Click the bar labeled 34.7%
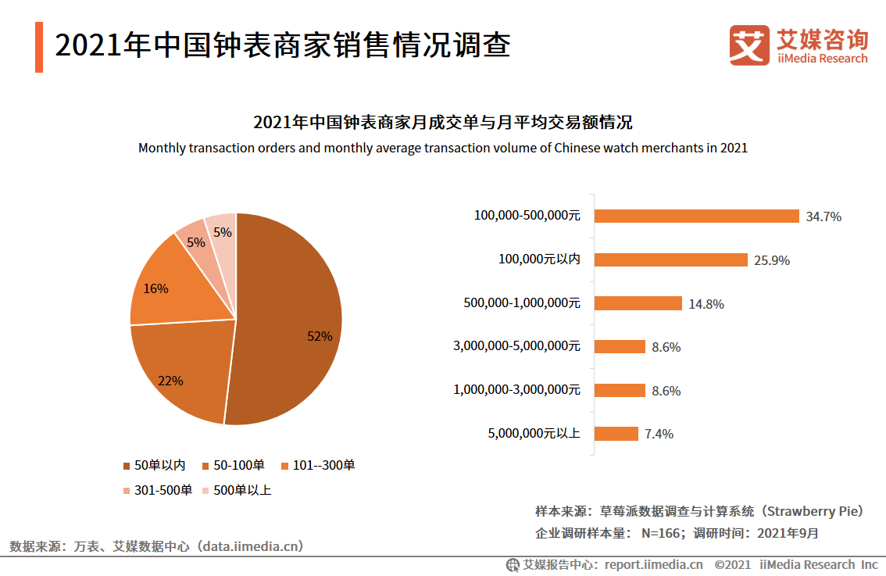(x=696, y=216)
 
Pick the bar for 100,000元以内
(x=670, y=260)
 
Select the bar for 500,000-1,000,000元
(x=638, y=303)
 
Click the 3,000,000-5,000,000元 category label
(x=516, y=346)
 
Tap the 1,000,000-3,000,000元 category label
(x=516, y=390)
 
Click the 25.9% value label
(x=772, y=261)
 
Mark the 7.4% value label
(x=659, y=435)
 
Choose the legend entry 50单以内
(x=154, y=466)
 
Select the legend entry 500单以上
(x=236, y=491)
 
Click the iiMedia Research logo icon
(x=749, y=45)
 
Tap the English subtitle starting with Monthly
(x=443, y=148)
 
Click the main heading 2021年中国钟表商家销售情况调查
(x=283, y=45)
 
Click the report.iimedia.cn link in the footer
(x=653, y=564)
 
